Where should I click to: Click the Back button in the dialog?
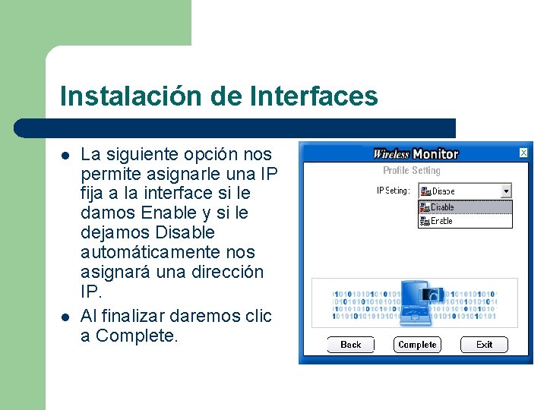pyautogui.click(x=351, y=345)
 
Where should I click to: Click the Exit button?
pyautogui.click(x=484, y=345)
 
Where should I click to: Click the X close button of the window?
pyautogui.click(x=523, y=153)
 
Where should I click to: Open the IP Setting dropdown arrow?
pyautogui.click(x=506, y=191)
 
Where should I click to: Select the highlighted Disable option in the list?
pyautogui.click(x=465, y=207)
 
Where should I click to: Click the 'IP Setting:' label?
pyautogui.click(x=394, y=191)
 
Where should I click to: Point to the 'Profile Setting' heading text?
pyautogui.click(x=411, y=171)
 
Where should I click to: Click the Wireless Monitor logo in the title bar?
pyautogui.click(x=416, y=154)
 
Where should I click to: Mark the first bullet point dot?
pyautogui.click(x=65, y=156)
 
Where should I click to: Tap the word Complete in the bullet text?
pyautogui.click(x=137, y=336)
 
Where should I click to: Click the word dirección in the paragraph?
pyautogui.click(x=226, y=272)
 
